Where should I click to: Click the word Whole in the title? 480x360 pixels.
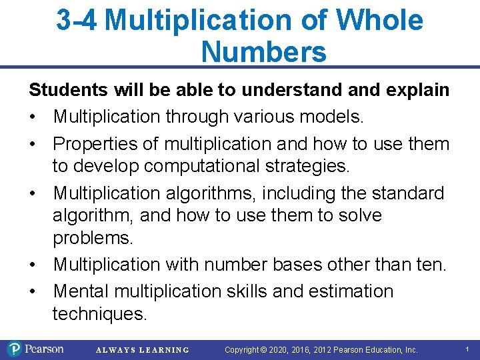point(379,20)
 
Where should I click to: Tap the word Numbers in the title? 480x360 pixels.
point(263,51)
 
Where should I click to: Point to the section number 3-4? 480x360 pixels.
point(77,20)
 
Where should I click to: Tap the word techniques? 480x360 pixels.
point(99,314)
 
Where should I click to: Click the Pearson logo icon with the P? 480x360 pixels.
point(14,349)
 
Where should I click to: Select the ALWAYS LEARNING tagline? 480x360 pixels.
point(143,350)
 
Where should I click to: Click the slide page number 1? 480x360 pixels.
point(467,349)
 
